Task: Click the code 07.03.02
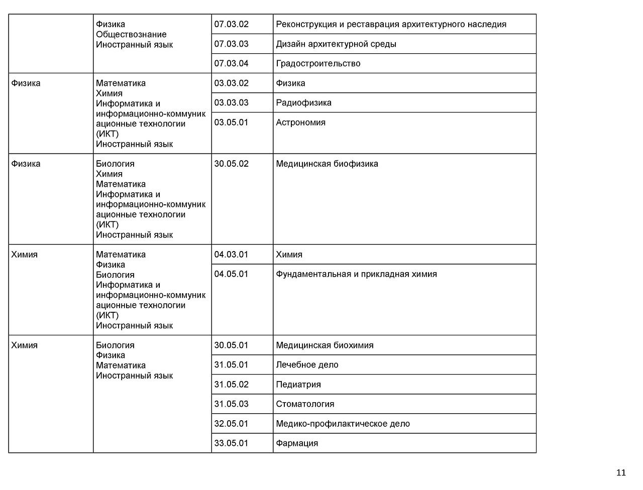232,24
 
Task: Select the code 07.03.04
232,63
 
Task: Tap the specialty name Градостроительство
318,63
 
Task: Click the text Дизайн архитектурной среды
336,44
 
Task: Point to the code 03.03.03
232,102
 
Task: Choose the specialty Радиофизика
303,102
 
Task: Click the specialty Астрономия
300,122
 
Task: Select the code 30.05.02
232,164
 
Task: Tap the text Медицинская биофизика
327,164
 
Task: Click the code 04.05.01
232,274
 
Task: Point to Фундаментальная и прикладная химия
356,274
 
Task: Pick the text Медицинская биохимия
325,345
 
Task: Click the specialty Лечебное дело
307,365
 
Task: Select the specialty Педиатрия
298,385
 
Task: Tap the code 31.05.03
232,404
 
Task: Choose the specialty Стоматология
305,404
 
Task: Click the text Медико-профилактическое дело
343,424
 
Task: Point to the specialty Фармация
297,443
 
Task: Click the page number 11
621,472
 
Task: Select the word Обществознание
131,34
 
